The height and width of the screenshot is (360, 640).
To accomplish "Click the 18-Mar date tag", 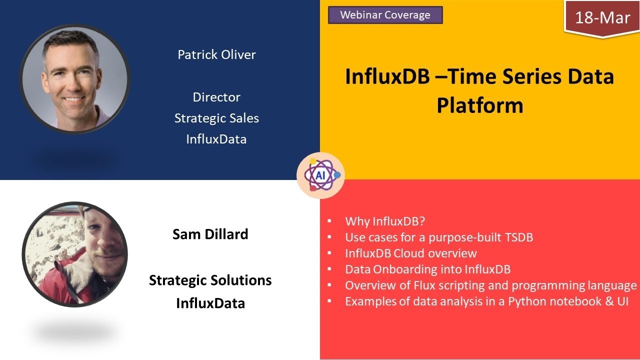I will click(x=602, y=18).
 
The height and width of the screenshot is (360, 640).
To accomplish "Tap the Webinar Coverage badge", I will click(x=385, y=15).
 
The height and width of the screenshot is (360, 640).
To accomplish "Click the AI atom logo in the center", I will click(x=320, y=175).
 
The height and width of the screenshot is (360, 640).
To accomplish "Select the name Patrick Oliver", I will click(x=216, y=54).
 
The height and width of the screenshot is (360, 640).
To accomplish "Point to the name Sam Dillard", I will click(x=210, y=234).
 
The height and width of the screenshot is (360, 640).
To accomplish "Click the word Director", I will click(x=216, y=97).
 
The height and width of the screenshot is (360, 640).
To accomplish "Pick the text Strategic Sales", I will click(x=216, y=118).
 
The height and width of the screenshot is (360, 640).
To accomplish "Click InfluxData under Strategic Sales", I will click(x=216, y=139).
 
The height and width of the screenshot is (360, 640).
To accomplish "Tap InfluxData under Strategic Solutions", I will click(x=210, y=303).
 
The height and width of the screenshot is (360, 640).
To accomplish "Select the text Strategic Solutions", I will click(x=210, y=280).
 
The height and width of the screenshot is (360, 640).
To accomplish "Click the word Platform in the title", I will click(x=479, y=105).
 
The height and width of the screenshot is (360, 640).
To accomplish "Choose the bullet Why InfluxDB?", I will click(x=381, y=221).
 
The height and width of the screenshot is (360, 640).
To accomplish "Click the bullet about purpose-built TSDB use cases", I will click(x=438, y=237).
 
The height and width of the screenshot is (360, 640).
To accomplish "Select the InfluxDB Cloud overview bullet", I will click(x=410, y=253).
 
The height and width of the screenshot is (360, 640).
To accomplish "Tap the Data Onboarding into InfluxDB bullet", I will click(x=427, y=269).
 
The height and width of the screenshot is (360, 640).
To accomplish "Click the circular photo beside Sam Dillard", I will click(x=75, y=254).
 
